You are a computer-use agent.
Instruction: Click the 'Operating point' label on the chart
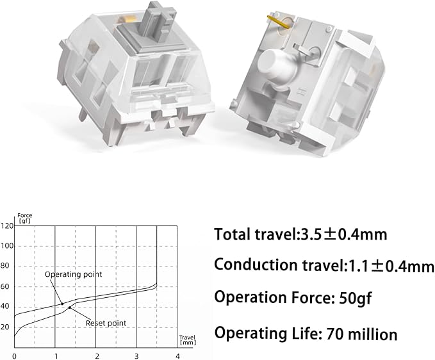74,274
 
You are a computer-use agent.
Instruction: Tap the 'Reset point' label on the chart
106,323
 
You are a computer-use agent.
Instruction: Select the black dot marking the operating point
62,304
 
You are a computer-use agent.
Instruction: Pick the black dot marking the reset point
70,307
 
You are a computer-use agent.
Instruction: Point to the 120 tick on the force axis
7,225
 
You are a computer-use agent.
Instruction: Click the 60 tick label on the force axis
5,286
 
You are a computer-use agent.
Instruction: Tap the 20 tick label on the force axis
5,327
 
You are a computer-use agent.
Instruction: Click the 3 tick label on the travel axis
136,356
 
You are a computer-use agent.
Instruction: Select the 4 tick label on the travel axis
178,356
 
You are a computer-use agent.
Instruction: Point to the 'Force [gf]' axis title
25,218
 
